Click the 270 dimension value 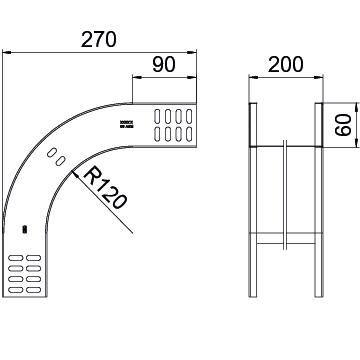coord(99,40)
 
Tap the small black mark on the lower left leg coord(25,231)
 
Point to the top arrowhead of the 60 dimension coord(331,104)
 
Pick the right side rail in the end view coord(319,200)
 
